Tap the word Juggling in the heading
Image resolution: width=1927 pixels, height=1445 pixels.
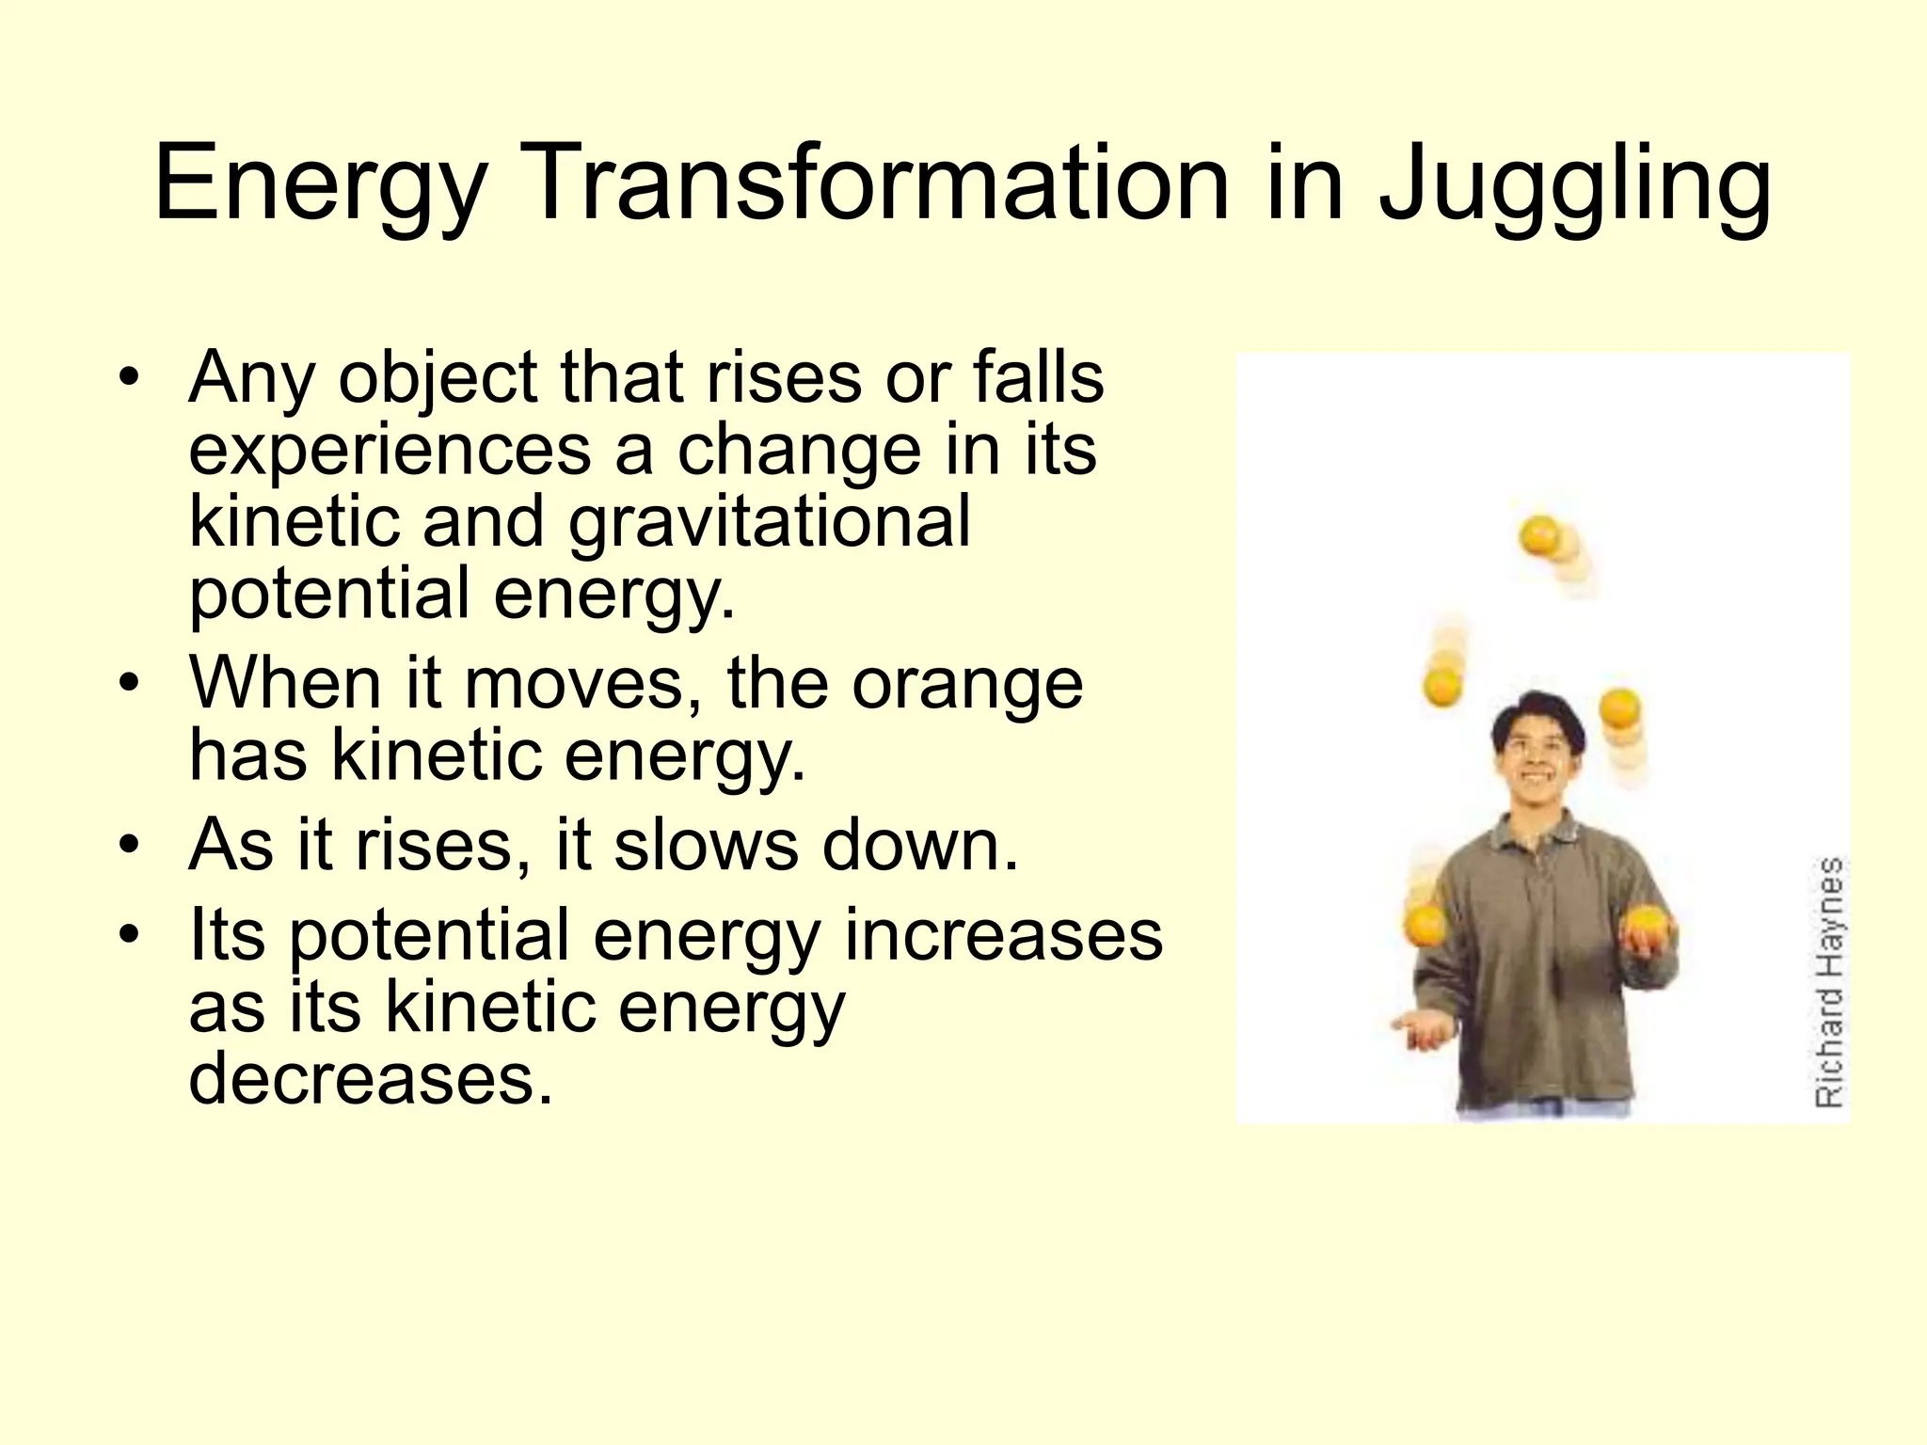click(x=1574, y=186)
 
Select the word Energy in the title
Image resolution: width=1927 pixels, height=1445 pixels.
click(x=320, y=186)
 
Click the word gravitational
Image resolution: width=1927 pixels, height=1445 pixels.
click(x=769, y=523)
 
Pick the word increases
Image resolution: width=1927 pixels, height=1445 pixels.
click(x=1003, y=935)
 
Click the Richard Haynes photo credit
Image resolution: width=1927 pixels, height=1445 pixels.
click(x=1828, y=980)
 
